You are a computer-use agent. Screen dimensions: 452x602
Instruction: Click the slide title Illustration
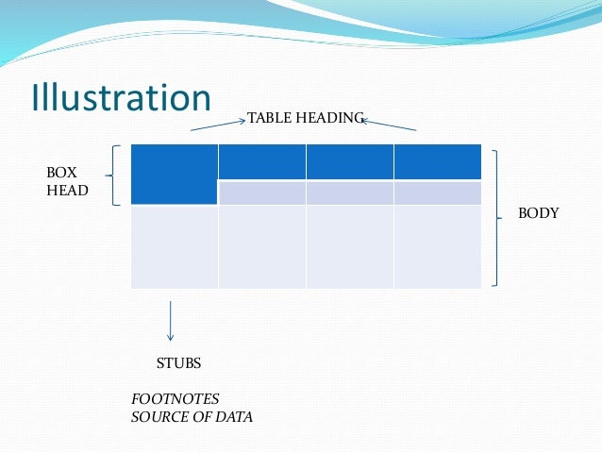coord(121,98)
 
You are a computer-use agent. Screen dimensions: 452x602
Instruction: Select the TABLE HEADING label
coord(305,118)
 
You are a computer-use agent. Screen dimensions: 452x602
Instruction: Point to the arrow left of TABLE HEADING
coord(218,124)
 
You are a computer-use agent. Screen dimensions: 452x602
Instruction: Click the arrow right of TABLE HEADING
coord(390,124)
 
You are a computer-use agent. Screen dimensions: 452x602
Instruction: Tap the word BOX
coord(61,174)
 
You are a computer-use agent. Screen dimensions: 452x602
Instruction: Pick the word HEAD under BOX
coord(67,191)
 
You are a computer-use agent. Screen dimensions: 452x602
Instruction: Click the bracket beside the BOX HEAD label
coord(115,175)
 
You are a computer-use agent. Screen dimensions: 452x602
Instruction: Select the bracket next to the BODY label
coord(496,216)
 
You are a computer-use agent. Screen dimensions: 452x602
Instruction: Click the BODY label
coord(539,214)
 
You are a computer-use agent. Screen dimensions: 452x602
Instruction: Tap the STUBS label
coord(178,363)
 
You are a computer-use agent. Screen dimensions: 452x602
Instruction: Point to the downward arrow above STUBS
coord(170,320)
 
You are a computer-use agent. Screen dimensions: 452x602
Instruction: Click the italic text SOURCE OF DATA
coord(192,417)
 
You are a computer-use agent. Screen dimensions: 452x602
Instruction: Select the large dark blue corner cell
coord(175,175)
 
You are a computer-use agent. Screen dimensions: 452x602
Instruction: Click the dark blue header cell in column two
coord(261,161)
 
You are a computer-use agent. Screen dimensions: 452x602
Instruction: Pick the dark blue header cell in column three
coord(349,161)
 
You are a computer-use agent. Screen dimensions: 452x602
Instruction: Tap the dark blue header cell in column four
coord(437,161)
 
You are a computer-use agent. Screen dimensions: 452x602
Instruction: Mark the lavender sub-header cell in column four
coord(437,193)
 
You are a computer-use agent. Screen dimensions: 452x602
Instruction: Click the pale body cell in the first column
coord(175,247)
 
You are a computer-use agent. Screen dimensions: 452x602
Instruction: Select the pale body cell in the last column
coord(437,247)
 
